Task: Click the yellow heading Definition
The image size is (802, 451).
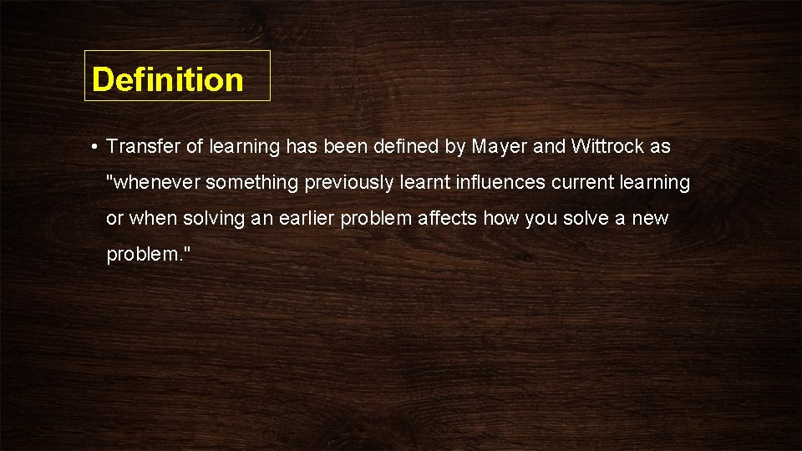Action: pyautogui.click(x=168, y=79)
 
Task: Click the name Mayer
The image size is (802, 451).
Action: pyautogui.click(x=500, y=147)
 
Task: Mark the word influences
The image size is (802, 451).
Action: pyautogui.click(x=498, y=183)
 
